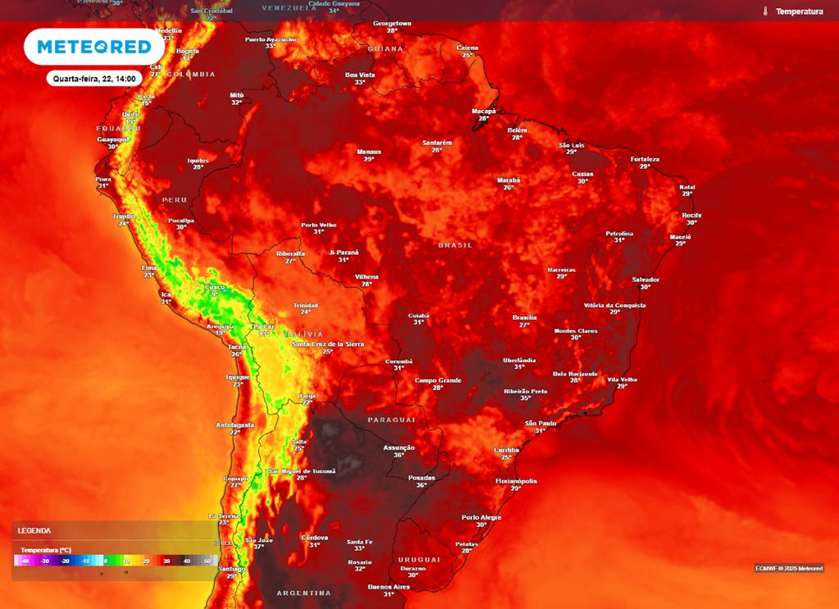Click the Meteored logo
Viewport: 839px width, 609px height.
pyautogui.click(x=93, y=47)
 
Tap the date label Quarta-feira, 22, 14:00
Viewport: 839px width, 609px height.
pyautogui.click(x=95, y=78)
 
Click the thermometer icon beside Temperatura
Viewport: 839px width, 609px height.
pyautogui.click(x=764, y=11)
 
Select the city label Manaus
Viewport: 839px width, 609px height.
pyautogui.click(x=369, y=152)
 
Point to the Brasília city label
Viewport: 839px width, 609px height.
pyautogui.click(x=524, y=317)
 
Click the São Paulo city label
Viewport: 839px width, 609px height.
pyautogui.click(x=541, y=423)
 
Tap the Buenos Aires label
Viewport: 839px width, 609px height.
pyautogui.click(x=388, y=587)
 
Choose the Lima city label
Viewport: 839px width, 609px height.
pyautogui.click(x=149, y=268)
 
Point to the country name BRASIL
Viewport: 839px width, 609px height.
pyautogui.click(x=456, y=245)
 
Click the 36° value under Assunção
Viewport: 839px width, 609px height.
pyautogui.click(x=399, y=455)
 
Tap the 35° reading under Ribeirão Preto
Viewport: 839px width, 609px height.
pyautogui.click(x=525, y=398)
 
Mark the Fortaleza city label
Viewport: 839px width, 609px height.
pyautogui.click(x=645, y=159)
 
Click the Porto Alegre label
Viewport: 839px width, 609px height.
pyautogui.click(x=481, y=517)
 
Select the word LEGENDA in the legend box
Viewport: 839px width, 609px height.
pyautogui.click(x=34, y=531)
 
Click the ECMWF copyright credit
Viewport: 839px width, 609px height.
pyautogui.click(x=789, y=568)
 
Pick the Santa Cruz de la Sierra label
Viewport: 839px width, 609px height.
pyautogui.click(x=328, y=344)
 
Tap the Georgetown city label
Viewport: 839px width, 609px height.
pyautogui.click(x=392, y=24)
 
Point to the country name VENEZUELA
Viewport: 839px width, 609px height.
pyautogui.click(x=289, y=7)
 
